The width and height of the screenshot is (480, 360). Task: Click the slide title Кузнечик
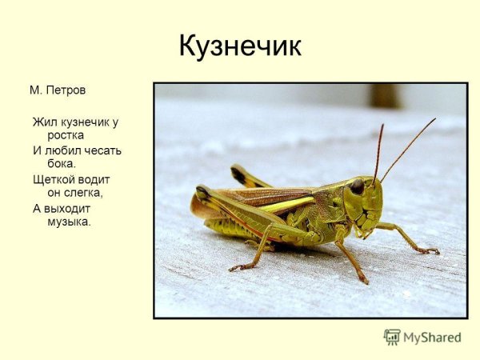(239, 46)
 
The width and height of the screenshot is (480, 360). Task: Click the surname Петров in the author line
(66, 90)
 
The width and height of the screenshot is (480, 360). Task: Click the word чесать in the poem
(102, 150)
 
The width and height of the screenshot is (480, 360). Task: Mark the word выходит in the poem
(67, 208)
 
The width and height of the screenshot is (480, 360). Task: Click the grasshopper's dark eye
(357, 186)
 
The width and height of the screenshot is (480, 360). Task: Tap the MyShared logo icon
(392, 337)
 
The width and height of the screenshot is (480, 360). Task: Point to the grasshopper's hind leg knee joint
(202, 192)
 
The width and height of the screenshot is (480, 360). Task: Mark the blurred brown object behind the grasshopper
(385, 95)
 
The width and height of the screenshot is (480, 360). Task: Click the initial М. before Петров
(35, 90)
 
